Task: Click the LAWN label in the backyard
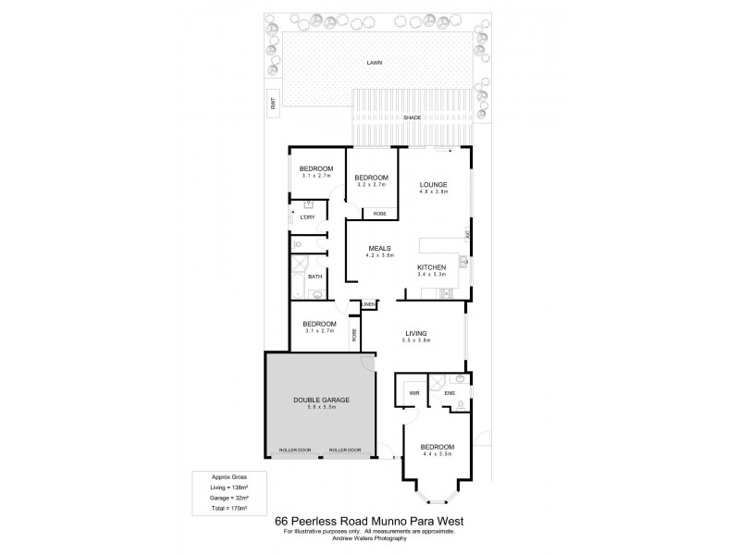tap(374, 63)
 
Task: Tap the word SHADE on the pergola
tap(413, 118)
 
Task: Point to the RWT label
tap(274, 105)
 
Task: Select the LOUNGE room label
tap(433, 183)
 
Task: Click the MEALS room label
tap(380, 249)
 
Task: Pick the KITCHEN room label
tap(431, 266)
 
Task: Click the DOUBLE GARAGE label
tap(320, 399)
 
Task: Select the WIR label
tap(414, 393)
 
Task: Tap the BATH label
tap(314, 276)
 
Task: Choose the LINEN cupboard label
tap(368, 303)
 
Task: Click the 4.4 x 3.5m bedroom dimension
tap(438, 452)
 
